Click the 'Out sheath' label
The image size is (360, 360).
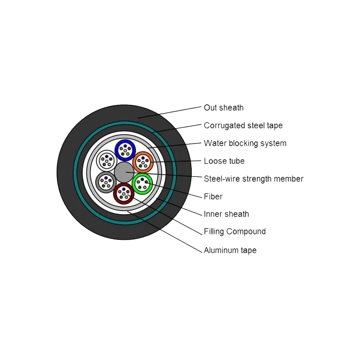[224, 108]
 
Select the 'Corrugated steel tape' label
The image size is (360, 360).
[243, 126]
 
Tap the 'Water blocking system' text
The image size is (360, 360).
[245, 143]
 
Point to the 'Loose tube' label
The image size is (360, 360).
[224, 161]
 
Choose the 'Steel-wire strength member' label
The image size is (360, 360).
[253, 179]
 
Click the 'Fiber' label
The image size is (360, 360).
[213, 197]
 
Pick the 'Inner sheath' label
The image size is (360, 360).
[226, 214]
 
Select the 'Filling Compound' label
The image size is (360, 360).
[234, 232]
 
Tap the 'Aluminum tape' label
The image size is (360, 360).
[230, 250]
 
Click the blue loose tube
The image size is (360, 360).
[125, 150]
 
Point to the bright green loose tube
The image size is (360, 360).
[142, 183]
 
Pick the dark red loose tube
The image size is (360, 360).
[123, 193]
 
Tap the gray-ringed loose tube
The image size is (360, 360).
[106, 182]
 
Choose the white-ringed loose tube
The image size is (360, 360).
[107, 160]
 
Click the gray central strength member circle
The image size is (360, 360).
[124, 173]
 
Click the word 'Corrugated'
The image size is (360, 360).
[224, 126]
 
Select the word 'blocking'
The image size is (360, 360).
[242, 143]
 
